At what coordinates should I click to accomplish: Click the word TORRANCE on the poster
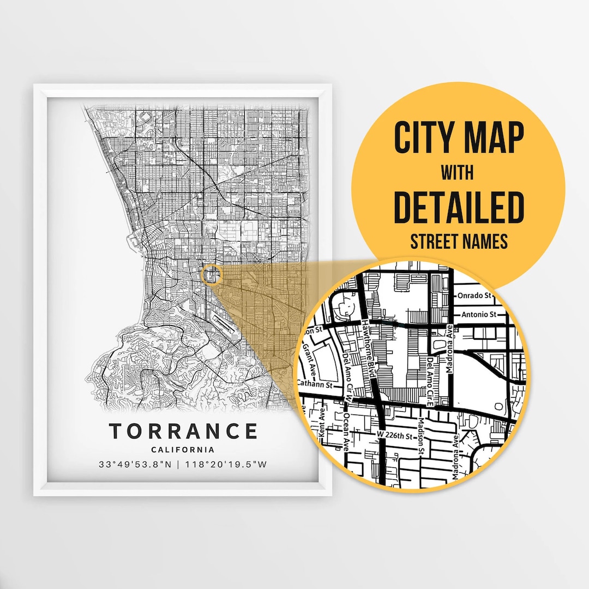[183, 431]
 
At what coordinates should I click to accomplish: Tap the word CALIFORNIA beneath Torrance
[183, 450]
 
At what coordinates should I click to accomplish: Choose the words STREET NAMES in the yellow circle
[459, 242]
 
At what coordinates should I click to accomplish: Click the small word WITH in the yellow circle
[458, 173]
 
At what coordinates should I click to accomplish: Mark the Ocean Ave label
[347, 431]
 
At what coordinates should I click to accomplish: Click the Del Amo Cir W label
[349, 376]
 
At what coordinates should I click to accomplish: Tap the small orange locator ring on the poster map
[211, 274]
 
